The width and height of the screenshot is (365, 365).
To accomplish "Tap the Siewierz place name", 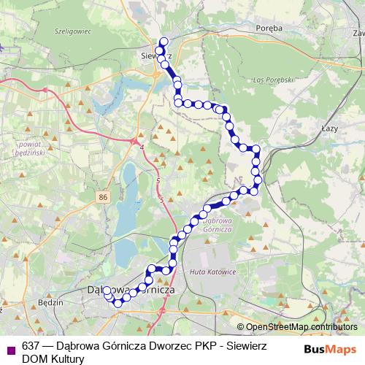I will (x=155, y=54).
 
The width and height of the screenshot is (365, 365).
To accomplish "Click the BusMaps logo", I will (x=331, y=348).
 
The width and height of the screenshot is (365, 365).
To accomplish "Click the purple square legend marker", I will (x=9, y=348).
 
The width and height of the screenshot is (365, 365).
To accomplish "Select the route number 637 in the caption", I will (x=31, y=346).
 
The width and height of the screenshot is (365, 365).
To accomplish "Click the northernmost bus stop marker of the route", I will (x=164, y=41).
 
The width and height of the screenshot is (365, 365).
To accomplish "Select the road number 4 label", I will (x=142, y=148).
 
